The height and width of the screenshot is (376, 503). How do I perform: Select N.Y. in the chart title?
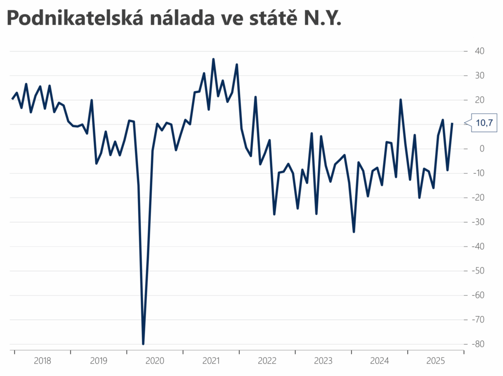click(321, 19)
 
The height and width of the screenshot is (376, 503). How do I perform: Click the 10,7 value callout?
click(484, 123)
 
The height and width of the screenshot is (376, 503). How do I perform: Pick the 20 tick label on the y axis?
click(479, 100)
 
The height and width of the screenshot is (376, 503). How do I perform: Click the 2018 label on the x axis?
click(43, 361)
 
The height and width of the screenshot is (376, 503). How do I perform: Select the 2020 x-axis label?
click(155, 361)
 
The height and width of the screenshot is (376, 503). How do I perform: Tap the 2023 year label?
click(323, 361)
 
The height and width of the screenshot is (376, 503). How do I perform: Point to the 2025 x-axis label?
click(436, 361)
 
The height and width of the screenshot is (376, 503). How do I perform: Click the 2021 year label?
click(211, 361)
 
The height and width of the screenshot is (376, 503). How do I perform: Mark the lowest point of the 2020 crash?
click(143, 344)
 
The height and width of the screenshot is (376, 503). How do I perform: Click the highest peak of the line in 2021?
click(213, 59)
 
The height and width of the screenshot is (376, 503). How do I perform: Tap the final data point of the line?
click(452, 123)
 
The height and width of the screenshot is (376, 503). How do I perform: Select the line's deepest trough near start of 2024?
click(354, 232)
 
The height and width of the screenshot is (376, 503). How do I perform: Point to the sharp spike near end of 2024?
click(400, 100)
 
